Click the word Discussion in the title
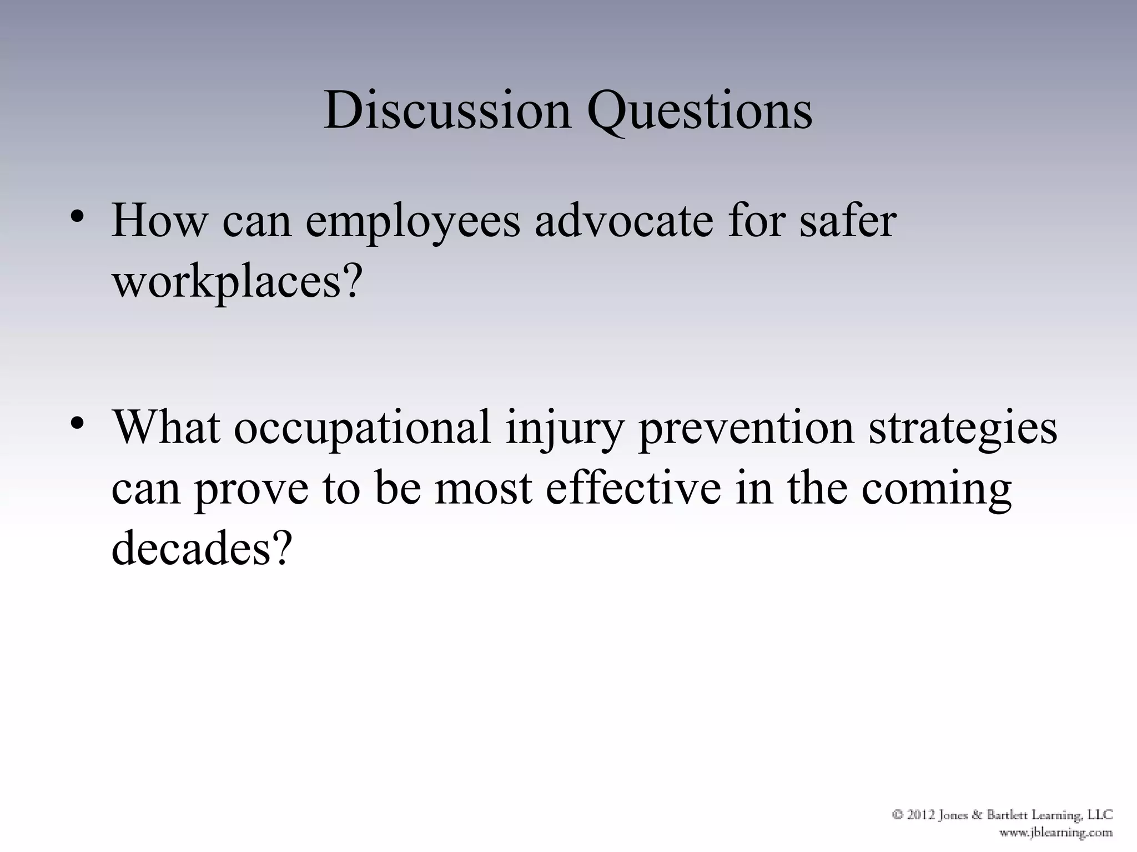point(447,110)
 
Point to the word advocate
point(623,221)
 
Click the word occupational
point(362,428)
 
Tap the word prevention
point(746,428)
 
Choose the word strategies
point(963,428)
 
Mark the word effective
point(633,488)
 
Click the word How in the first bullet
point(159,221)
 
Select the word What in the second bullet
point(165,428)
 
